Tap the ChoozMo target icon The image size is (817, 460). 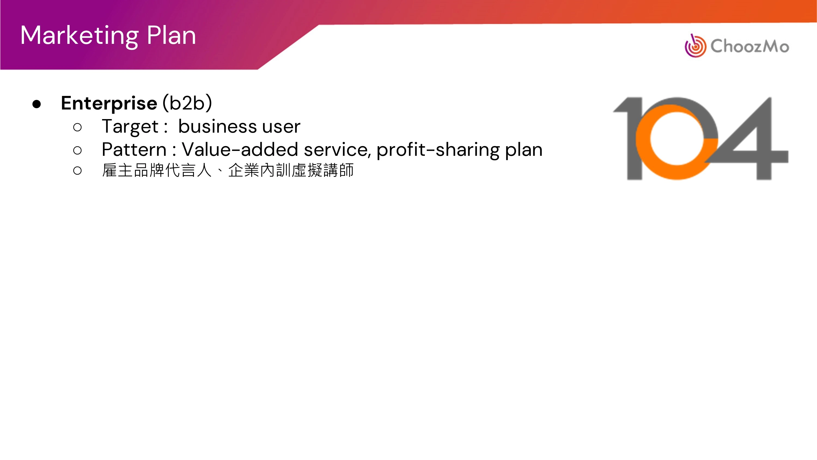pos(695,46)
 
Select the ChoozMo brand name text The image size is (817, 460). pos(750,46)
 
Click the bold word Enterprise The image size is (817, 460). pos(109,104)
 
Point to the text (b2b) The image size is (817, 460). pos(187,103)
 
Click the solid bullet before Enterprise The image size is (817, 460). pos(36,104)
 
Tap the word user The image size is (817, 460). pos(281,127)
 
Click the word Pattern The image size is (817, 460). pos(134,150)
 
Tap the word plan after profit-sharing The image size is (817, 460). pos(524,150)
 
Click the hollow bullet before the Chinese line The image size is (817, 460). pos(77,171)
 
